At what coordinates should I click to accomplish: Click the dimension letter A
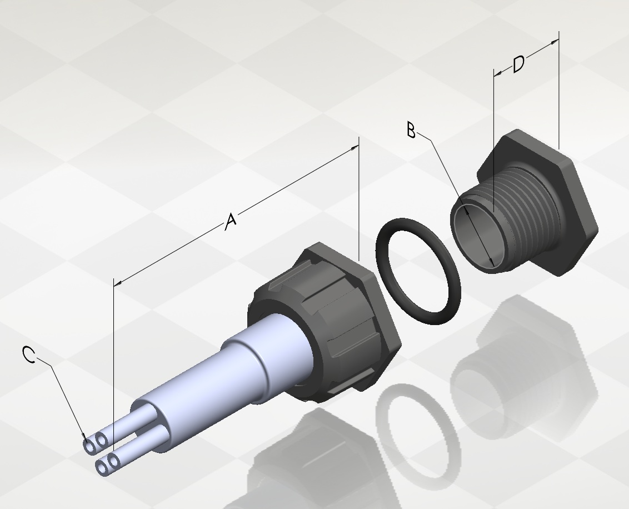[x=230, y=221]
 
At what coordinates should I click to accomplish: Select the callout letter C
[x=29, y=355]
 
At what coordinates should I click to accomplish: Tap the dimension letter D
[x=518, y=64]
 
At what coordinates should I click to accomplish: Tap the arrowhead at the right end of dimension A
[x=355, y=148]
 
